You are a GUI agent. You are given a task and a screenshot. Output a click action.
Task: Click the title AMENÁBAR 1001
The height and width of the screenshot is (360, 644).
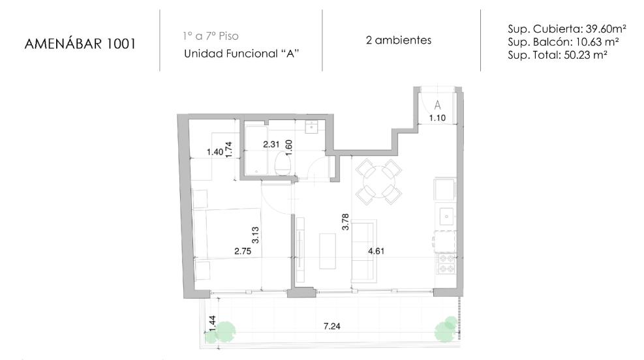(80, 43)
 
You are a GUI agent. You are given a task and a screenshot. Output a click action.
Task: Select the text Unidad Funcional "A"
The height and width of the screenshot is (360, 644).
(241, 53)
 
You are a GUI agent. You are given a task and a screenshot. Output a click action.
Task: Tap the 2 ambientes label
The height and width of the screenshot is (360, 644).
(399, 40)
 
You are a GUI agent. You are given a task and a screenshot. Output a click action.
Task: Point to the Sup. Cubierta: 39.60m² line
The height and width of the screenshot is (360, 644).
(567, 29)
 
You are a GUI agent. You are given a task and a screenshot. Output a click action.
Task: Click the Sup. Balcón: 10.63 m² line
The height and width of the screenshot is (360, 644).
(564, 42)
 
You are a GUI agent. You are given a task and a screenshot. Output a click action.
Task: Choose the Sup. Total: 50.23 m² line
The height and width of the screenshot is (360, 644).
(557, 55)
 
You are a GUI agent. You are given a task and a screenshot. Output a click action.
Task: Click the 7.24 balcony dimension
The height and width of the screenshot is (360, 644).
(332, 326)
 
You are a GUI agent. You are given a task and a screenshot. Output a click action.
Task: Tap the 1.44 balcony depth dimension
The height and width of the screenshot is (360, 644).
(212, 323)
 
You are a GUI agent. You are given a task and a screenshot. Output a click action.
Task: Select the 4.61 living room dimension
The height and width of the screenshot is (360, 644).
(376, 251)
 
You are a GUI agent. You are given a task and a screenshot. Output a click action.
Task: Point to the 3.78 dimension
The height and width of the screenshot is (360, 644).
(345, 222)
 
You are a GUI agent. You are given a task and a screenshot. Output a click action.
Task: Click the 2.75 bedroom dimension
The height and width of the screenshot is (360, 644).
(243, 251)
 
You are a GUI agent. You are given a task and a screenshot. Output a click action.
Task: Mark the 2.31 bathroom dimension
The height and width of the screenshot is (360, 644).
(271, 145)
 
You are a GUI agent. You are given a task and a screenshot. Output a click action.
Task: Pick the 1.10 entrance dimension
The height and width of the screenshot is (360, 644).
(437, 118)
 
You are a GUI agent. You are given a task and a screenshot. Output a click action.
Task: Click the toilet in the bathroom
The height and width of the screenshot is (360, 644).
(283, 164)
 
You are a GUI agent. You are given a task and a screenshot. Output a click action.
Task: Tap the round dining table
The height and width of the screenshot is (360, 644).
(378, 181)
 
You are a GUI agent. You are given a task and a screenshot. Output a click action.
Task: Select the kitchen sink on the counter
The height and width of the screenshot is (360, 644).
(446, 216)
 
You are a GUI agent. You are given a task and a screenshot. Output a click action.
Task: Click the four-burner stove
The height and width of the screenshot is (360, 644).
(446, 263)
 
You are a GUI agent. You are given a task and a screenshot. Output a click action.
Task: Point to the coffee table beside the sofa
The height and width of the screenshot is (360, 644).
(328, 251)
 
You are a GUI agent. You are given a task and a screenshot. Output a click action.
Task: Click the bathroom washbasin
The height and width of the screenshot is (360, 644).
(312, 127)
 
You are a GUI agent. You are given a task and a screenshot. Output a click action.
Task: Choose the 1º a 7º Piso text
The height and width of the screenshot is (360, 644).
(211, 36)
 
